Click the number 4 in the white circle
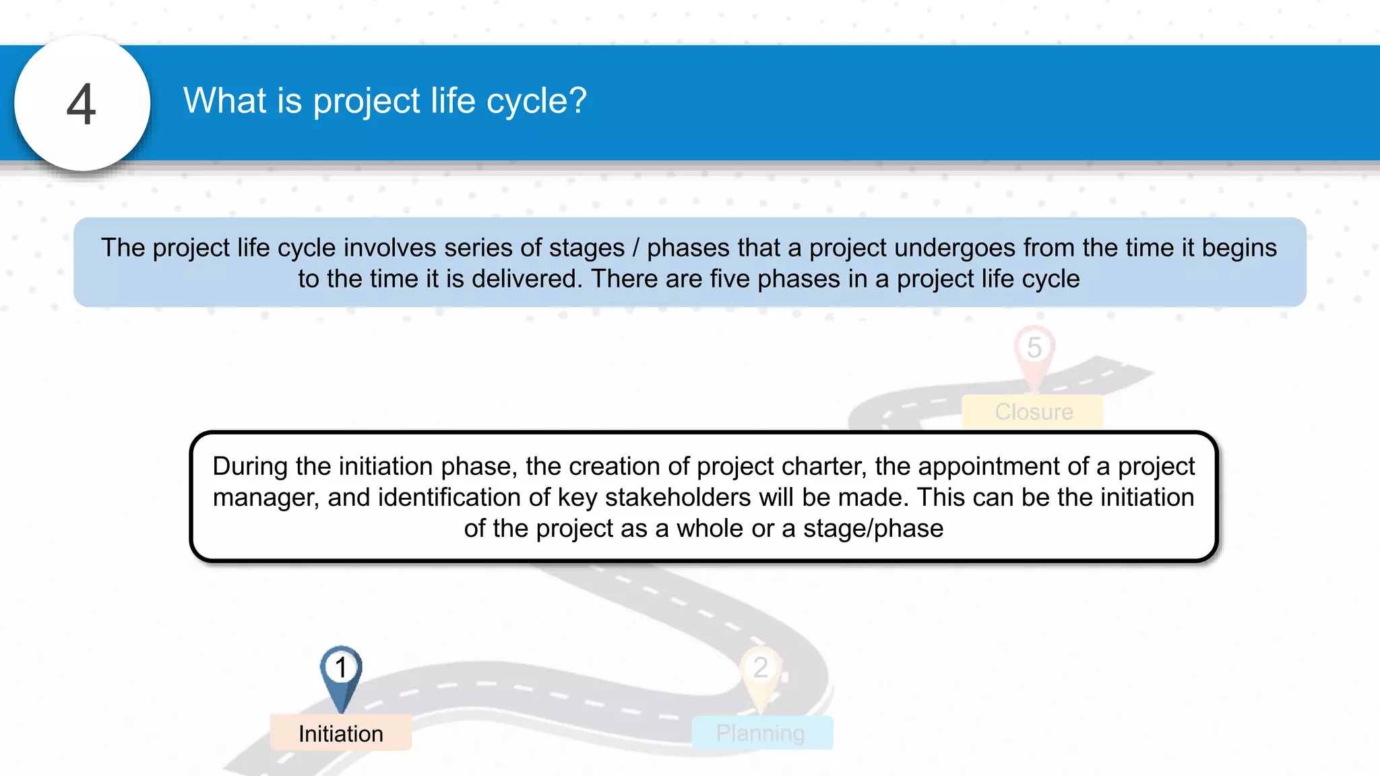[x=82, y=104]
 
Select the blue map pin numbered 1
[x=341, y=671]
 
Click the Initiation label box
[x=341, y=733]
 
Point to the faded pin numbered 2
[x=761, y=671]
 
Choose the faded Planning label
[x=761, y=733]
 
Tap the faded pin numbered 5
[x=1034, y=350]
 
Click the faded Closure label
[x=1034, y=412]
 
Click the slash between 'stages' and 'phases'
[x=635, y=248]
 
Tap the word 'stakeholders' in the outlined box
[x=677, y=497]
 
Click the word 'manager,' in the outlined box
[x=265, y=497]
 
